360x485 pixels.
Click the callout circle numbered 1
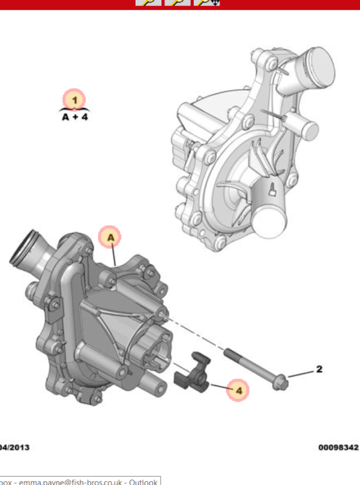(74, 100)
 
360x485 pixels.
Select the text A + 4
(74, 118)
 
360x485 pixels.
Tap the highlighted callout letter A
(110, 237)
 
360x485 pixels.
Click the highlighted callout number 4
(238, 390)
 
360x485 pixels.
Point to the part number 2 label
(319, 369)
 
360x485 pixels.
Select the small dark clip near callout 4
(193, 373)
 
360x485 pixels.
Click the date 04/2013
(14, 447)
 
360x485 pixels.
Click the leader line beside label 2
(301, 373)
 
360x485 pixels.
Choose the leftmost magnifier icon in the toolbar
(148, 2)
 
